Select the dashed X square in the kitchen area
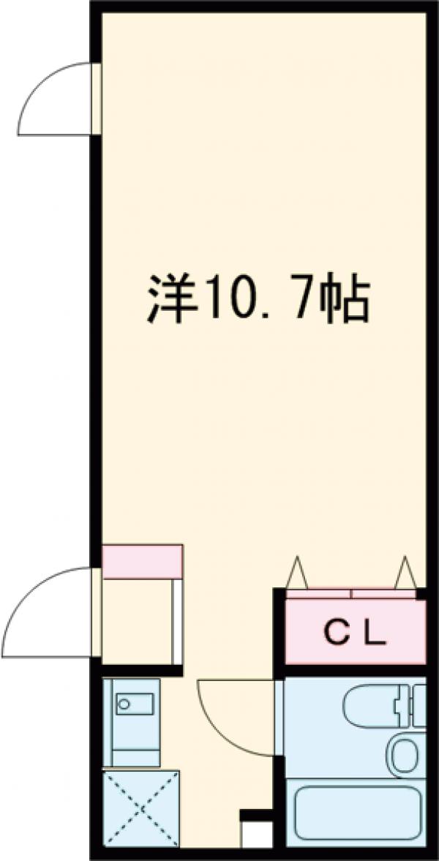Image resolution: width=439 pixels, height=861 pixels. click(x=140, y=808)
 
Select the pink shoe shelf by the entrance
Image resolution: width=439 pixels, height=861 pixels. click(x=142, y=560)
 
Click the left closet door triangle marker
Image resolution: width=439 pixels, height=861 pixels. click(x=296, y=571)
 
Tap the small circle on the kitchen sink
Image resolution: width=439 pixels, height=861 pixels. click(x=124, y=704)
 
